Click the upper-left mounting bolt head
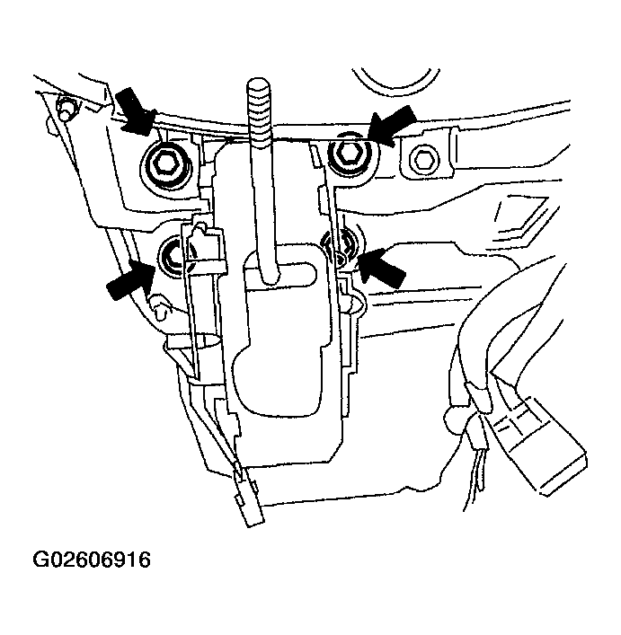[x=165, y=163]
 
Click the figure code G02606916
[x=91, y=561]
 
